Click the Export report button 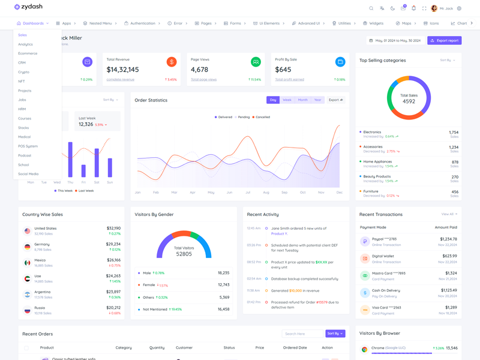[445, 41]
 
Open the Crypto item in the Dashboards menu [23, 72]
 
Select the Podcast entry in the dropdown [25, 155]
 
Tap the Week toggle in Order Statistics [287, 100]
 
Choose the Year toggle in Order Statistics [317, 100]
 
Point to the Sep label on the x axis [284, 193]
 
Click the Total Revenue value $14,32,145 [122, 70]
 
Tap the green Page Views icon [256, 62]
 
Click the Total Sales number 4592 [409, 101]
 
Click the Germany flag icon [27, 247]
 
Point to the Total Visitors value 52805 [184, 254]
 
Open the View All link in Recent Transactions [449, 214]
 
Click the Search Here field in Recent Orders [302, 334]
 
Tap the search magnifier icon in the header [371, 8]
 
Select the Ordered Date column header [295, 347]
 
